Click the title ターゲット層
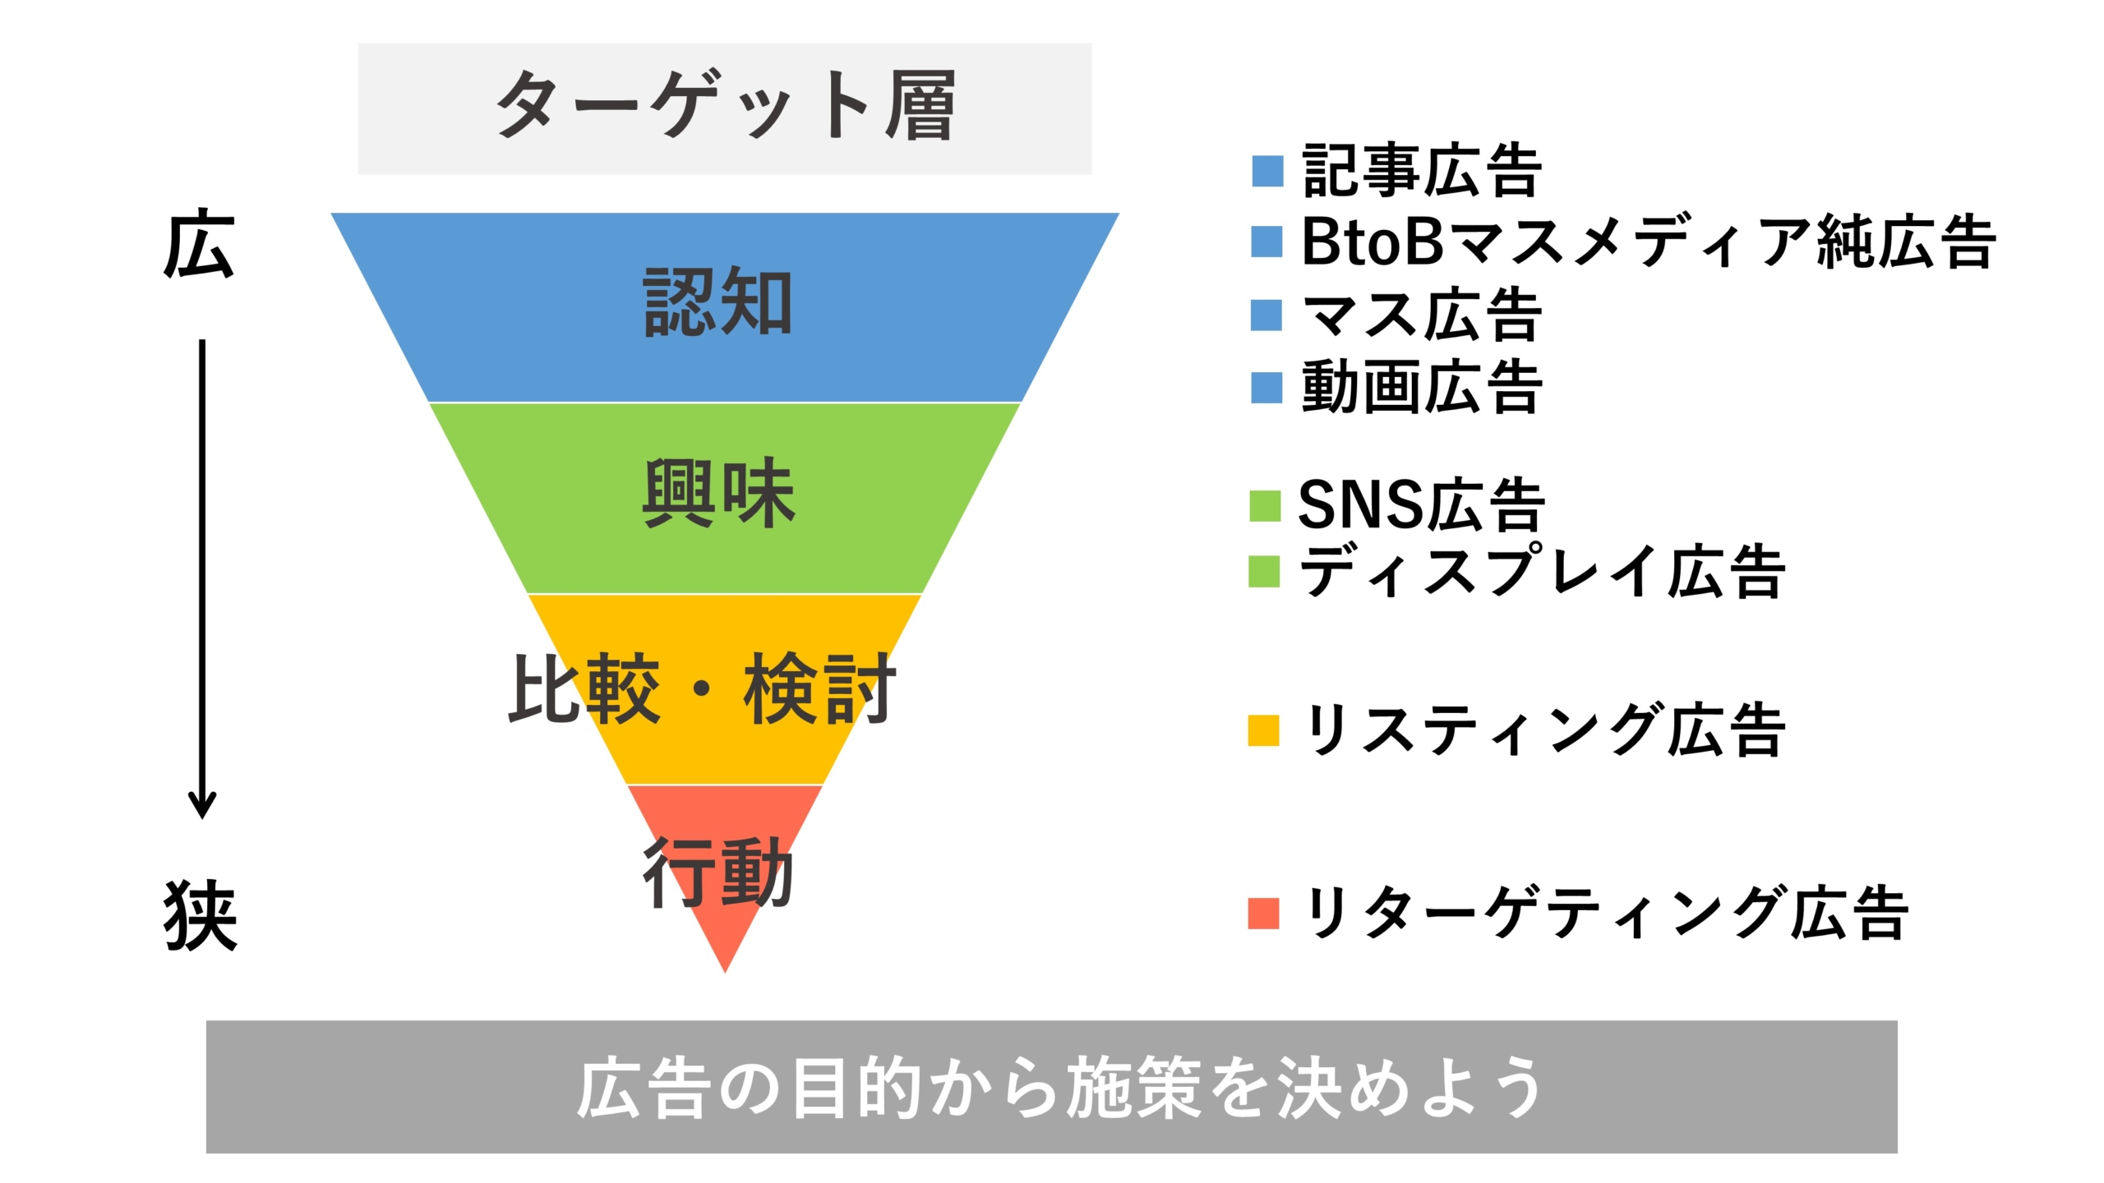(x=726, y=106)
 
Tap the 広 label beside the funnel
(x=200, y=245)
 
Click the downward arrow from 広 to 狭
(x=202, y=579)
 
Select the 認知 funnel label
(x=718, y=302)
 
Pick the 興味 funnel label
(x=718, y=492)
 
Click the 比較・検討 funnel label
(x=703, y=688)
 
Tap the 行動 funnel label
(x=718, y=872)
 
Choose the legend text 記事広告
(x=1422, y=170)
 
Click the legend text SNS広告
(x=1422, y=504)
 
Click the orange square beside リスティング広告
(x=1263, y=730)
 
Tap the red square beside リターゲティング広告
(x=1263, y=914)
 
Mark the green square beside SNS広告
(x=1265, y=506)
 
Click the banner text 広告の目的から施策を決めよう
(x=1059, y=1087)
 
